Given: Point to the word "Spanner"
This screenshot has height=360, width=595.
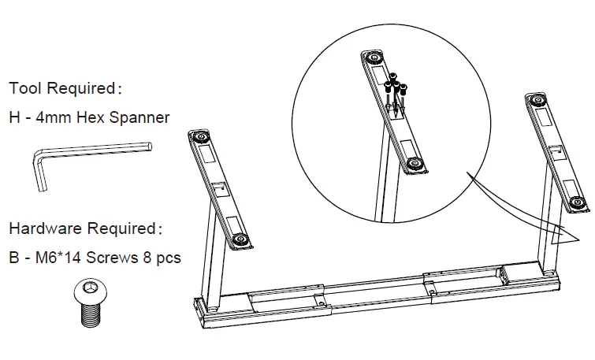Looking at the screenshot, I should coord(139,118).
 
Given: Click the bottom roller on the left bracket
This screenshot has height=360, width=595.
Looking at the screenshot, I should coord(239,239).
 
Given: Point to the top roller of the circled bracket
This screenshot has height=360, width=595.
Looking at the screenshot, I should coord(372,59).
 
